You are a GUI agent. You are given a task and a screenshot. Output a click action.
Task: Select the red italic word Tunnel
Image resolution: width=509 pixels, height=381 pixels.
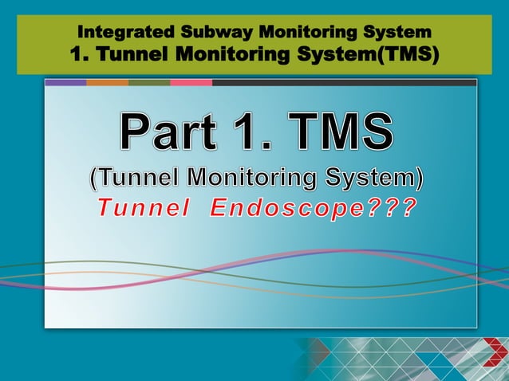[x=143, y=209]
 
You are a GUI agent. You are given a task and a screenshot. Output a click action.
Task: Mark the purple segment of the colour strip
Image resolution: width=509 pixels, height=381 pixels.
[x=65, y=82]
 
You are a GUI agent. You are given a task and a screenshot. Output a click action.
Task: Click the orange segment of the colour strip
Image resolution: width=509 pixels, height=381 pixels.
[x=107, y=82]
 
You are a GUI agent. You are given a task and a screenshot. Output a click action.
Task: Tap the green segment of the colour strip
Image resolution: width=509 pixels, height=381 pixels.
[x=149, y=82]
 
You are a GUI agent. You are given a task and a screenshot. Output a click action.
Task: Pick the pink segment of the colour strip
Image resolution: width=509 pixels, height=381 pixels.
[x=191, y=82]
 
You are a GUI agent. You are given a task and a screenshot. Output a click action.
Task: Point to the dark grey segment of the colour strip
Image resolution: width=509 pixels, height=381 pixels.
[x=344, y=82]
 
